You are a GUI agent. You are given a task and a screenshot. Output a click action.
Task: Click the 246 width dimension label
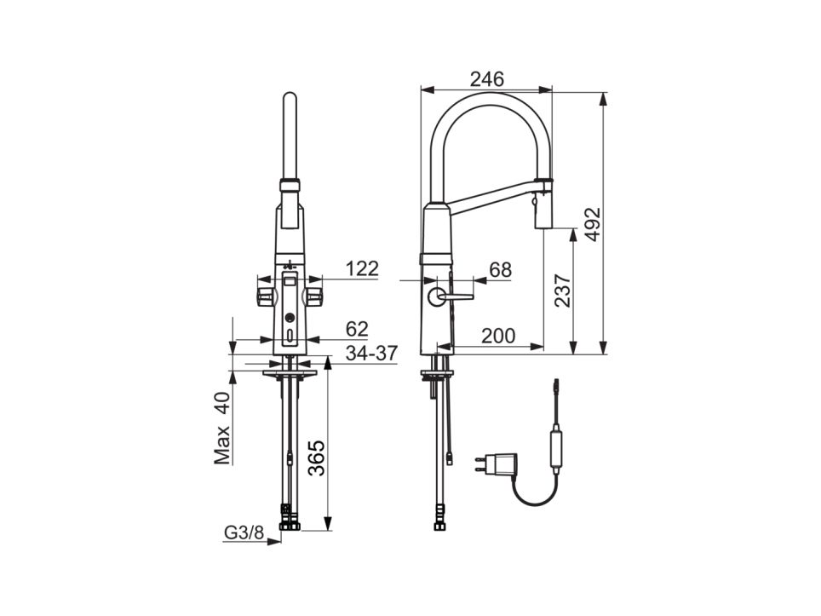click(x=486, y=79)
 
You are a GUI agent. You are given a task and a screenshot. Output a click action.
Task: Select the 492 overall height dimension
click(x=592, y=224)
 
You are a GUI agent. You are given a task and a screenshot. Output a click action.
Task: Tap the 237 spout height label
click(x=562, y=291)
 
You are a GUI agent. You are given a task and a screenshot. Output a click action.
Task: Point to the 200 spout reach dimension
click(x=498, y=336)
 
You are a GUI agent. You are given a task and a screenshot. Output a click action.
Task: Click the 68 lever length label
click(x=500, y=270)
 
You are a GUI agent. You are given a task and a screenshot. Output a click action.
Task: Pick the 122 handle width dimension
click(x=362, y=268)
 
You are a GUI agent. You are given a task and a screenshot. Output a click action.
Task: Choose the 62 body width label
click(x=357, y=329)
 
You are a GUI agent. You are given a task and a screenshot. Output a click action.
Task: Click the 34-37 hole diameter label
click(x=372, y=353)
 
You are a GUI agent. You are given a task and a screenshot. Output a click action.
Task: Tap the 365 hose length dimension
click(x=316, y=458)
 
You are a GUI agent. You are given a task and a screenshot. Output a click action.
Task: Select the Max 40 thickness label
click(x=222, y=429)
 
